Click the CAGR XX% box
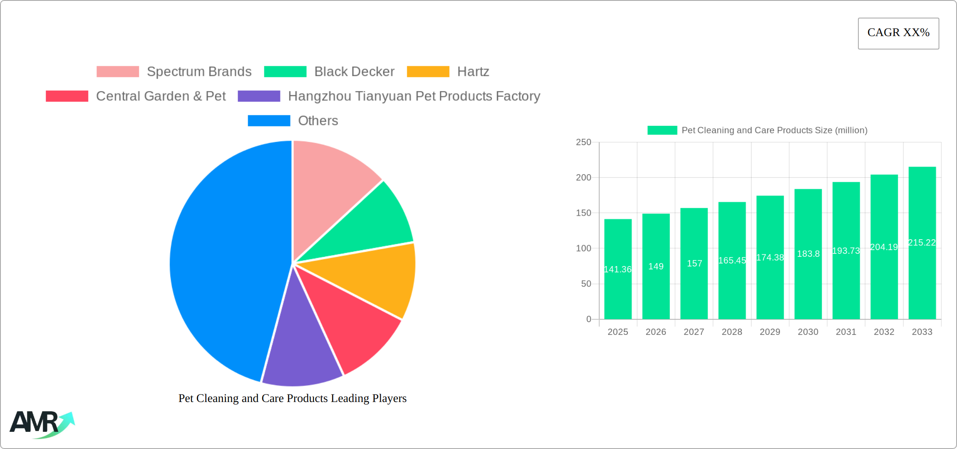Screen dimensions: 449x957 click(898, 33)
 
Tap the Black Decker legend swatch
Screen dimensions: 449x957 click(285, 72)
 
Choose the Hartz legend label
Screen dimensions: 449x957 click(473, 72)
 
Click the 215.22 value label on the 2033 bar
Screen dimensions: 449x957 click(922, 243)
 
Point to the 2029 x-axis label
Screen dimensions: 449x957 click(770, 332)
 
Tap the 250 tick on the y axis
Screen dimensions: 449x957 click(583, 142)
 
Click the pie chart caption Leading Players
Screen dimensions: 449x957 click(293, 398)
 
